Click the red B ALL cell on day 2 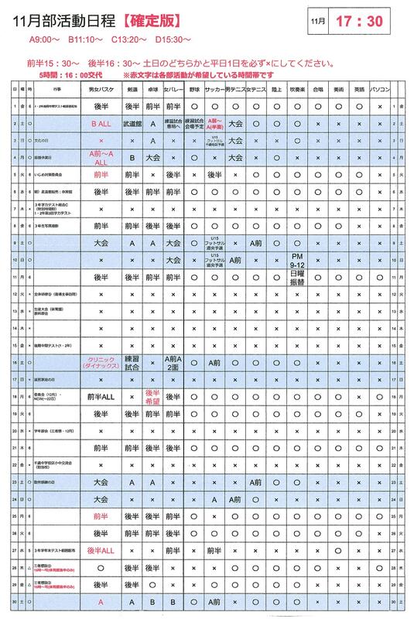coord(101,123)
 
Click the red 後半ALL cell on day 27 coord(101,552)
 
